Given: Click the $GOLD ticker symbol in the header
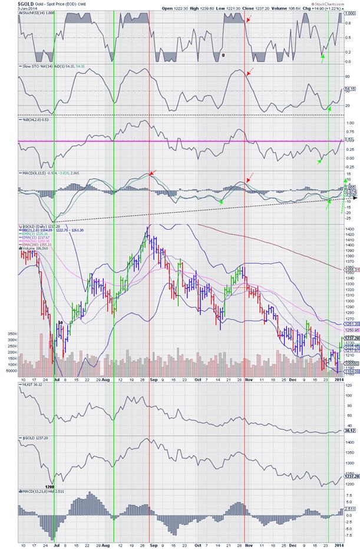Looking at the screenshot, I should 9,3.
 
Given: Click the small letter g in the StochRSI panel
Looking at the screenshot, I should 223,54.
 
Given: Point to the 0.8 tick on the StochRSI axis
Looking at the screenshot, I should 349,23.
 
